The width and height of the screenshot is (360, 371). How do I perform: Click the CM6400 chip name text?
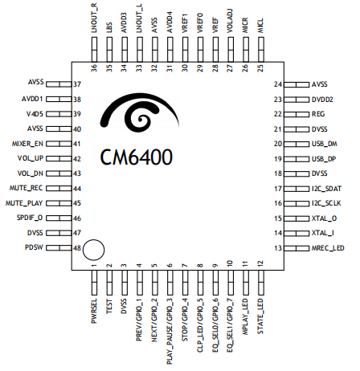coord(137,157)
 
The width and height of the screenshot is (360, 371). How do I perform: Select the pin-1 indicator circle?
coord(93,250)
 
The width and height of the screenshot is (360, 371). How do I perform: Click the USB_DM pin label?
coord(325,144)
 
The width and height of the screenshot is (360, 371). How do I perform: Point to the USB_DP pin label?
coord(324,159)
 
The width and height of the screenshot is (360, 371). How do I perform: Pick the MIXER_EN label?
coord(27,144)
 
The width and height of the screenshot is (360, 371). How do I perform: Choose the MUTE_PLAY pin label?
coord(24,203)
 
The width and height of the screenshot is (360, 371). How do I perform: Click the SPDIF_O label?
coord(30,218)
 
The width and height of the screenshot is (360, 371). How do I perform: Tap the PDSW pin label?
coord(34,247)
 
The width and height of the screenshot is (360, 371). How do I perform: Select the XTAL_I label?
coord(323,233)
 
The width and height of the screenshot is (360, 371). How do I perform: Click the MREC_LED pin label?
coord(328,248)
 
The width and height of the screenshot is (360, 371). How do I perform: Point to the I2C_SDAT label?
coord(326,189)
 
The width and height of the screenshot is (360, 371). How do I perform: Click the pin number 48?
coord(77,248)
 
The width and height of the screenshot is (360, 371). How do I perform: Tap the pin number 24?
coord(278,84)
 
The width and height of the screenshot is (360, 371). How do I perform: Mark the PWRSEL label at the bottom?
coord(94,311)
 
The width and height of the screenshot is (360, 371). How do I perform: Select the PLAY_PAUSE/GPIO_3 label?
coord(170,332)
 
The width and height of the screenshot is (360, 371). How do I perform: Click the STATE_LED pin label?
coord(260,316)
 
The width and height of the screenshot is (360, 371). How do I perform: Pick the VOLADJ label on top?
coord(230,21)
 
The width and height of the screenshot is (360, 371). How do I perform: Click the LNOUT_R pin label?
coord(94,18)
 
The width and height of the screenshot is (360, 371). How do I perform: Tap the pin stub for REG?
coord(297,114)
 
